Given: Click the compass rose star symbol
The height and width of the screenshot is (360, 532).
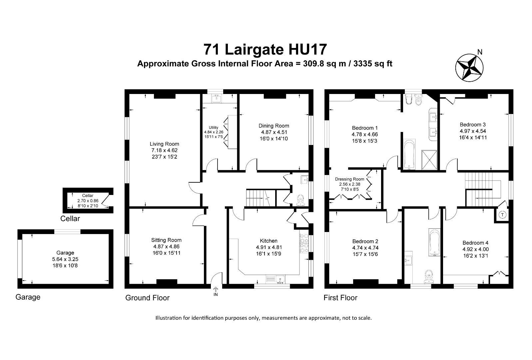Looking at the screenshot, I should (x=469, y=67).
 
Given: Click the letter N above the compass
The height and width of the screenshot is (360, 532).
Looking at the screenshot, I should (x=480, y=52).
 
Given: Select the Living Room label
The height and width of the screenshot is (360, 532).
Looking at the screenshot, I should (x=164, y=144).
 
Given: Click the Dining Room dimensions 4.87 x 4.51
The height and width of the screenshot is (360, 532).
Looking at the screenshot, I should (x=274, y=132).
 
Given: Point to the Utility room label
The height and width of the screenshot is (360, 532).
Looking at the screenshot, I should (x=214, y=127).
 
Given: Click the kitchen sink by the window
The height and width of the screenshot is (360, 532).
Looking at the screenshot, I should (x=275, y=279).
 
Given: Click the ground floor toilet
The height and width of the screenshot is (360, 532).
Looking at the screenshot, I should (x=301, y=200).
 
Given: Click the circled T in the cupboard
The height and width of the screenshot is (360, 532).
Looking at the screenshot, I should (x=503, y=215).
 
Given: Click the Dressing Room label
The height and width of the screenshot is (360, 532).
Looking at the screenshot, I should (x=349, y=179).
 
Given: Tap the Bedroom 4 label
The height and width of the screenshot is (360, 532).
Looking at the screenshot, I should (x=475, y=243).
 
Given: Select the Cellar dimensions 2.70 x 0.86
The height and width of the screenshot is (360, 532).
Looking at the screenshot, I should (x=88, y=201).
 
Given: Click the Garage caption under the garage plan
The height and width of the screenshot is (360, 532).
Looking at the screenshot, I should (x=28, y=297).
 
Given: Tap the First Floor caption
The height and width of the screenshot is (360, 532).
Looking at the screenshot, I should (x=340, y=298).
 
